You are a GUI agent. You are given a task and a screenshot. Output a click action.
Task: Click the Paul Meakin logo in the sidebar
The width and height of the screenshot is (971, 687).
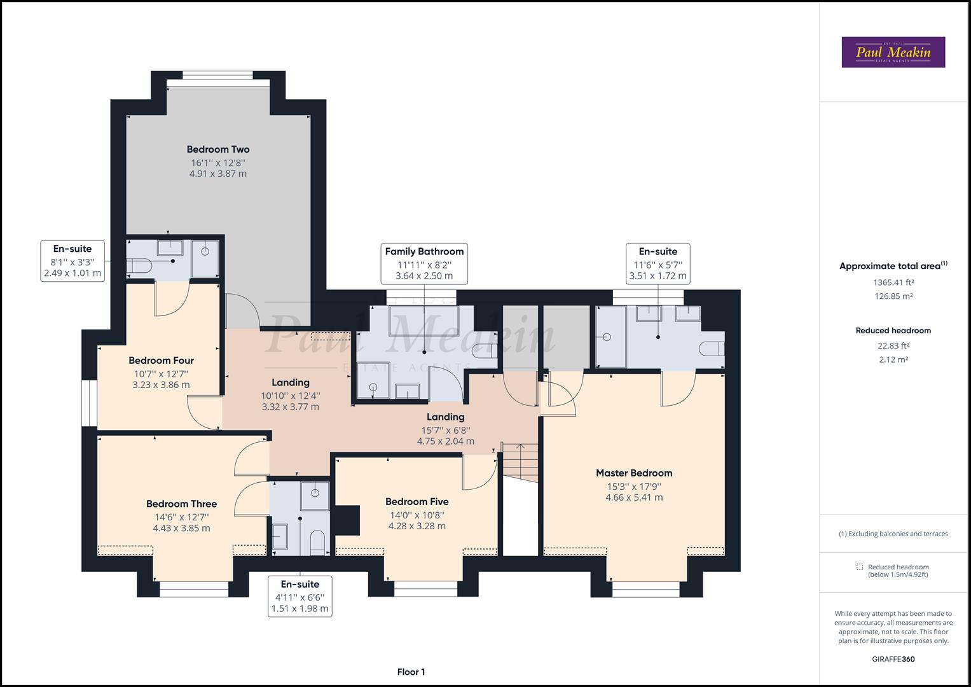tap(893, 52)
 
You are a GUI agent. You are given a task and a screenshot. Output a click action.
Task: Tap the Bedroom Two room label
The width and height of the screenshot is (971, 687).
tap(218, 149)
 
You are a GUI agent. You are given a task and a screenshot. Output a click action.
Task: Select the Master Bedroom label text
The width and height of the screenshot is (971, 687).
tap(633, 473)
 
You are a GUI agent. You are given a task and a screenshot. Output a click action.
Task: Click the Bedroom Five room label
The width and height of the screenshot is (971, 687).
tap(417, 502)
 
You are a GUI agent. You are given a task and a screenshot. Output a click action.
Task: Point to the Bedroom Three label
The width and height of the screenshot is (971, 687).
tap(181, 504)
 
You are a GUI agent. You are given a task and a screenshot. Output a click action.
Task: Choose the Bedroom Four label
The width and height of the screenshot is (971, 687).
tap(161, 361)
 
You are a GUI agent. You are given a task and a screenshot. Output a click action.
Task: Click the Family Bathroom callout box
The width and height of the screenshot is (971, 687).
tap(424, 263)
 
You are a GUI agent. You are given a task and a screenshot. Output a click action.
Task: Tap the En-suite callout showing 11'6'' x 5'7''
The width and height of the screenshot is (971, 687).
tap(658, 263)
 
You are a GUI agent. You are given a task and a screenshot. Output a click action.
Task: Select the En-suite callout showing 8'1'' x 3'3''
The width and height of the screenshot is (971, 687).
tap(72, 261)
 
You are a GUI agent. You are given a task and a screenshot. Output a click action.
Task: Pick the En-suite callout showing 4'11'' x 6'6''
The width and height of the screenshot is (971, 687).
tap(300, 596)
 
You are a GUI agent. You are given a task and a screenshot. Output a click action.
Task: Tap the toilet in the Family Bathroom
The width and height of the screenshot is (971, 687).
tap(486, 349)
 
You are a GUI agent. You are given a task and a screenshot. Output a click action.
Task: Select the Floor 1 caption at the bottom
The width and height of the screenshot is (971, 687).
tap(411, 672)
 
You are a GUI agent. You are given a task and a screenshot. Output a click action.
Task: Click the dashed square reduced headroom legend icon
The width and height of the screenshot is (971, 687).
tap(860, 567)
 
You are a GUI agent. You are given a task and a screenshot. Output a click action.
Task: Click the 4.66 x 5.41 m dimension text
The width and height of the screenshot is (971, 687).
tap(633, 497)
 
